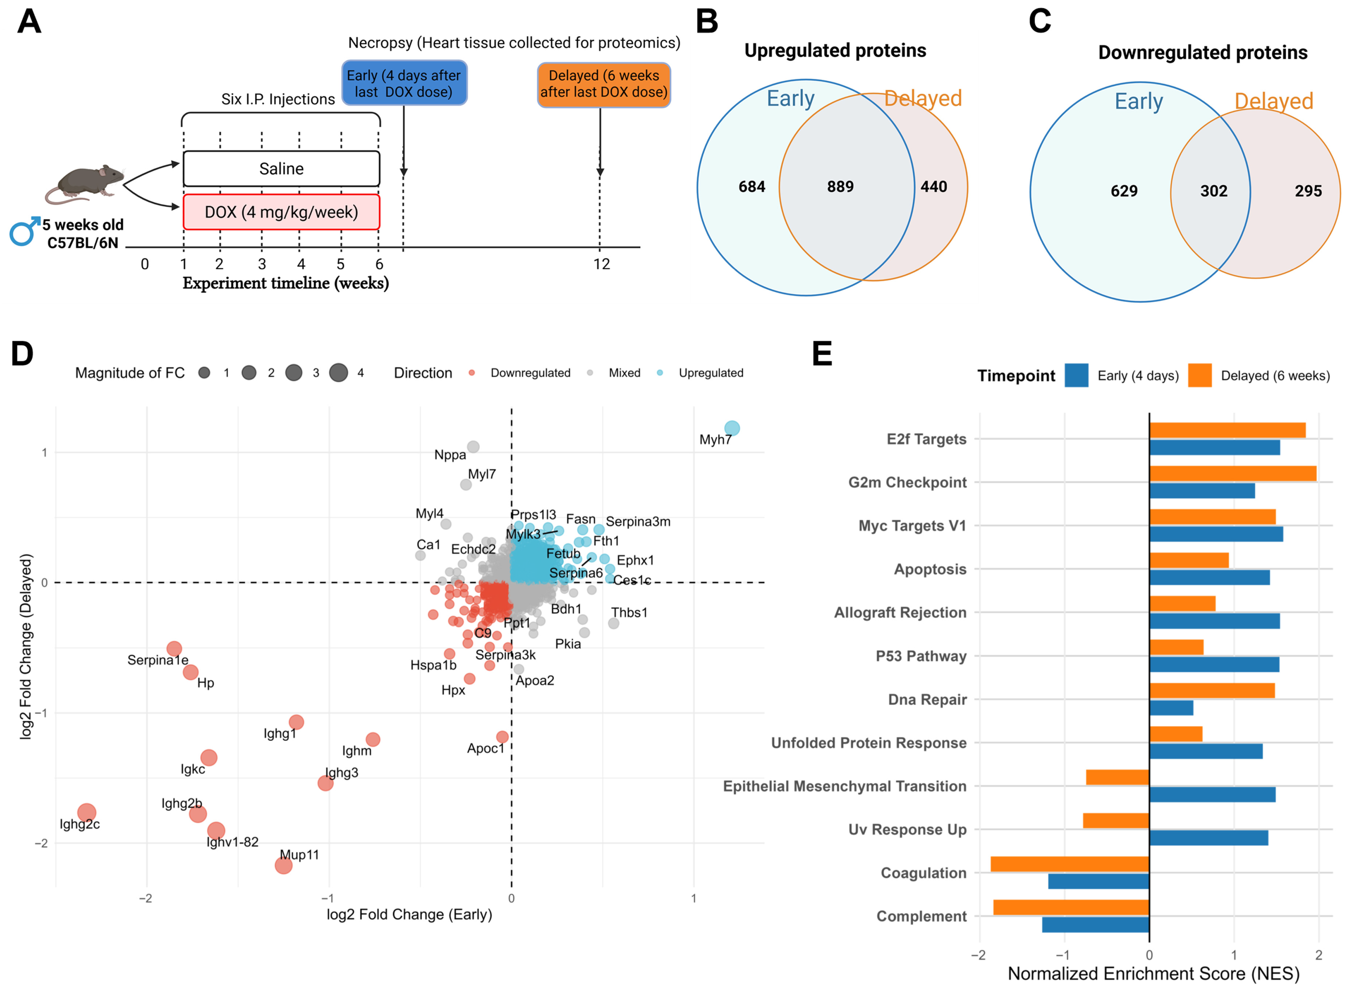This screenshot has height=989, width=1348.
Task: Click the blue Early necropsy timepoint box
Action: point(404,83)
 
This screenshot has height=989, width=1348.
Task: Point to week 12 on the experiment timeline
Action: point(601,264)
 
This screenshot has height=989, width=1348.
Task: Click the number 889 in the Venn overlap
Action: point(840,187)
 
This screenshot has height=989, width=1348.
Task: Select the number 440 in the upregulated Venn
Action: point(934,187)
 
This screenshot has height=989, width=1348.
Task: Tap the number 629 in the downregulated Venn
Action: point(1124,191)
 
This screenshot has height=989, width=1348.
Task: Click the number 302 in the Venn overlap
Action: point(1214,191)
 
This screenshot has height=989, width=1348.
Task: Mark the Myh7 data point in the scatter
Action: point(732,428)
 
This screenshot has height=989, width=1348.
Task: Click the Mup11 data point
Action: point(283,865)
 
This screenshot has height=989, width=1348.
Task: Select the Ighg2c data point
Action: point(87,812)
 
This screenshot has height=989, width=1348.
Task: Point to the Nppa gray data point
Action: point(473,447)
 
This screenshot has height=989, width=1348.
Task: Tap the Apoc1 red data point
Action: point(503,737)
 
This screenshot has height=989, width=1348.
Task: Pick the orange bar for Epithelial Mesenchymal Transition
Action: point(1117,777)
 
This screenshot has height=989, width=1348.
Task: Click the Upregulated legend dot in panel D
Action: point(660,373)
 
